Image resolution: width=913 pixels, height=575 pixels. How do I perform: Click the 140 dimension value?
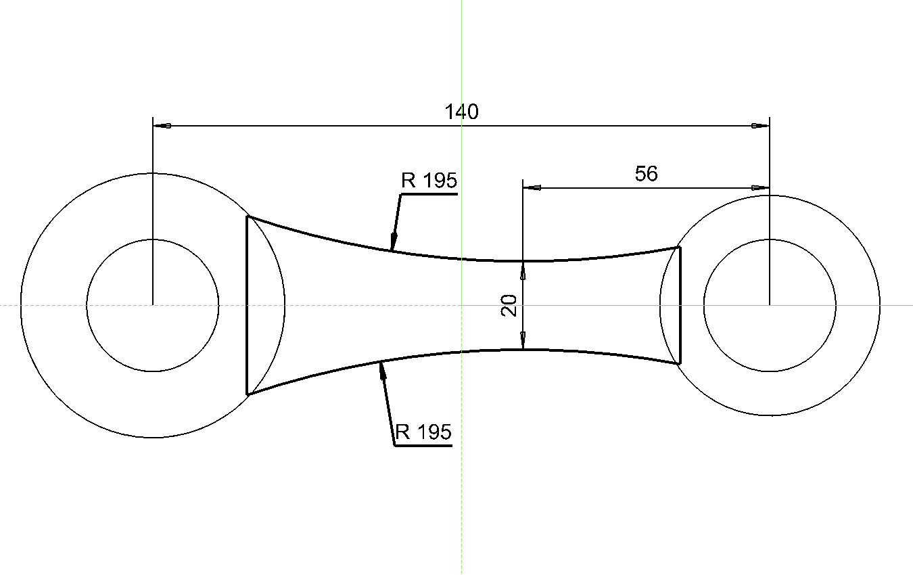461,112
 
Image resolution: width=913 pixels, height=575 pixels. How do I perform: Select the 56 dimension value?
646,174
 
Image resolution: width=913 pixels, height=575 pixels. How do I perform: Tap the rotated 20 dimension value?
511,306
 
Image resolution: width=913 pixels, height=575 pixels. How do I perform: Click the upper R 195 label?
429,181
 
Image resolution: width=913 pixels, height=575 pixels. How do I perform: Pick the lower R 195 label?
423,432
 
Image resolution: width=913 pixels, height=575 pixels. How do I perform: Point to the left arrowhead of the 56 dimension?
532,188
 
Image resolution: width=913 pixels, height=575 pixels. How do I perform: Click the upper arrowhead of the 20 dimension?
523,269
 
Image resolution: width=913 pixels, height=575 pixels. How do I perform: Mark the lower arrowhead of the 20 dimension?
523,341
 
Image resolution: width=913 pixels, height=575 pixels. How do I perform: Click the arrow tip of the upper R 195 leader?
392,250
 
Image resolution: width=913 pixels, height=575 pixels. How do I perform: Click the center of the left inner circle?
153,305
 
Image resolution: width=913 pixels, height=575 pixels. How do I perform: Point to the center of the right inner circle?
770,305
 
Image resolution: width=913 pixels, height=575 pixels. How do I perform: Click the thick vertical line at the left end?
248,305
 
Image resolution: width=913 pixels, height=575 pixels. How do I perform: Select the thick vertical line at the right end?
679,305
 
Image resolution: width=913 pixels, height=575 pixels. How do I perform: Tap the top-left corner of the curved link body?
248,216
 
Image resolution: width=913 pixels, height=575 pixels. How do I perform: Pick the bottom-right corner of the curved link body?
679,364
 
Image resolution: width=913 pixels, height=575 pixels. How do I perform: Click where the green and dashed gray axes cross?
461,305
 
